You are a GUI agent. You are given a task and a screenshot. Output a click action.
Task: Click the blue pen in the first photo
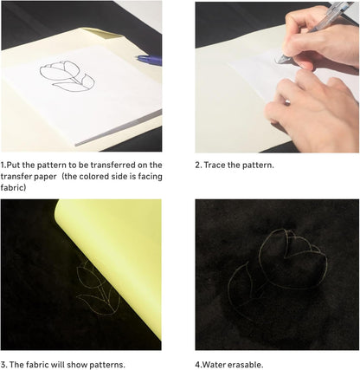pos(149,60)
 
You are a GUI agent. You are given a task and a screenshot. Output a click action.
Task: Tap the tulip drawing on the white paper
pos(67,76)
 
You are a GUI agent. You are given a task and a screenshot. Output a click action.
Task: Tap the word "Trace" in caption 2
pos(215,166)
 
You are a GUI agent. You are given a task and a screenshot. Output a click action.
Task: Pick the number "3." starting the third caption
pos(3,365)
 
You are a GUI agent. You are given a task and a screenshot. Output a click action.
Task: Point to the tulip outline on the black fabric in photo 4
pos(277,272)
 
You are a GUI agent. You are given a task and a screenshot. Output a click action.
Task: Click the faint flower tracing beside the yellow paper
pos(97,289)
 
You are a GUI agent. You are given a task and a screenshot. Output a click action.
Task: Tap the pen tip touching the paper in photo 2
pos(278,62)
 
